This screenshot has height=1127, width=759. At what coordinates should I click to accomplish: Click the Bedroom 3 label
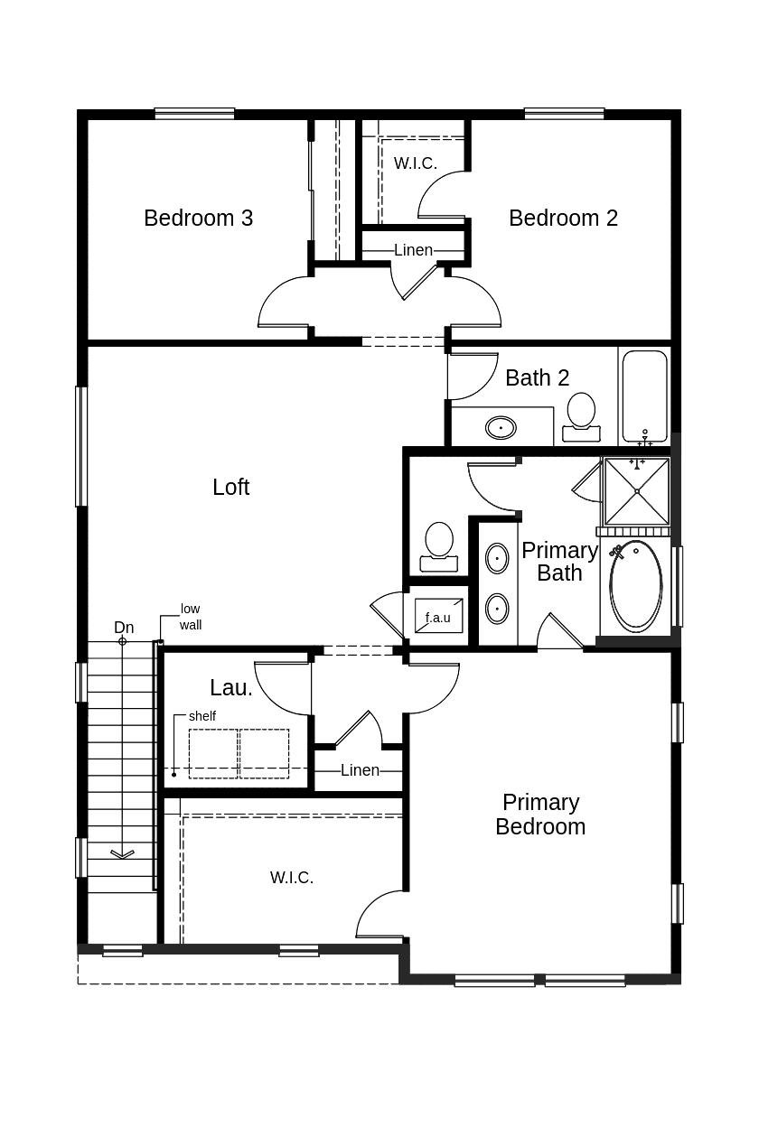click(x=198, y=218)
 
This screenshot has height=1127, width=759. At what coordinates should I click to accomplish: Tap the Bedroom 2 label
click(x=563, y=218)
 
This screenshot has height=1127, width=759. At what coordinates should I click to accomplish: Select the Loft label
click(x=230, y=487)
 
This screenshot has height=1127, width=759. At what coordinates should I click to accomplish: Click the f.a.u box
click(x=438, y=618)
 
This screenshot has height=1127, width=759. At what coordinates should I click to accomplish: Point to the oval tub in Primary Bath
click(x=636, y=584)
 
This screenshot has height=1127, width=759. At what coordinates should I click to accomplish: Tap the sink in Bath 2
click(x=501, y=427)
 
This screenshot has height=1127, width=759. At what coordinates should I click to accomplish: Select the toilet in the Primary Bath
click(x=439, y=543)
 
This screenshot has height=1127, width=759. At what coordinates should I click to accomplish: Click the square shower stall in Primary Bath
click(x=637, y=491)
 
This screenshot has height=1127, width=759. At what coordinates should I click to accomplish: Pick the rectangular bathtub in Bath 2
click(x=644, y=394)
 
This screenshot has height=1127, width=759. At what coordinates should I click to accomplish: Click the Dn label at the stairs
click(x=124, y=627)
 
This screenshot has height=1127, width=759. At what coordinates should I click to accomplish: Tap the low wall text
click(x=190, y=617)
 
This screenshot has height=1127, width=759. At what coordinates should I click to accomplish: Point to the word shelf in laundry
click(x=202, y=716)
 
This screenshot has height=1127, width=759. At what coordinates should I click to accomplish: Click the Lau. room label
click(x=231, y=687)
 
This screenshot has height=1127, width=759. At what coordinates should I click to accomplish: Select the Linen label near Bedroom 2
click(x=413, y=250)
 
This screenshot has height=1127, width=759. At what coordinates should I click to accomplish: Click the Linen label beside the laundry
click(x=360, y=770)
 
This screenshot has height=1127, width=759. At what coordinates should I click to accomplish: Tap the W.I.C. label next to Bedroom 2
click(x=415, y=163)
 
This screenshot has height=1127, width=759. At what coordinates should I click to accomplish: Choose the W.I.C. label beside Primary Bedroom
click(x=291, y=877)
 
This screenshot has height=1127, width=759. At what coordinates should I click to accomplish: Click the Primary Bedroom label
click(x=540, y=814)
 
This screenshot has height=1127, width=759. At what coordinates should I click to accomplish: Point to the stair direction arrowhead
click(x=122, y=853)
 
